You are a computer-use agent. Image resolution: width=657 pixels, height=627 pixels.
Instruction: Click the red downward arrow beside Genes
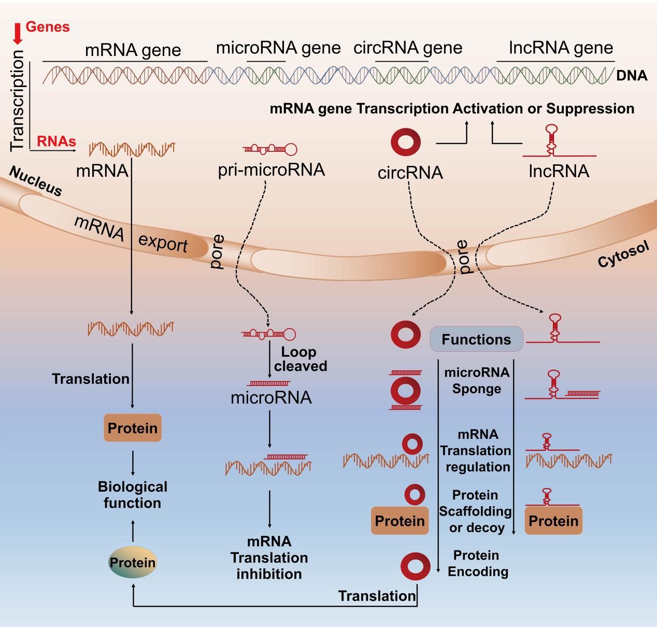tap(18, 34)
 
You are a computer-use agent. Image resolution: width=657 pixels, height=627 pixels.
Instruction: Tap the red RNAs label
tap(56, 141)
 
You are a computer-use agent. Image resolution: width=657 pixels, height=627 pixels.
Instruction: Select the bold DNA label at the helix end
tap(632, 76)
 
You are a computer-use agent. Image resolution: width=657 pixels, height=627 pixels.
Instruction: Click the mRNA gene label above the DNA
tap(133, 50)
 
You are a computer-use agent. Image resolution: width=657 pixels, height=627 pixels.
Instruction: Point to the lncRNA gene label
tap(561, 48)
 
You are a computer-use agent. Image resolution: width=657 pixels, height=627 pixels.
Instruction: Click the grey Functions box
tap(476, 339)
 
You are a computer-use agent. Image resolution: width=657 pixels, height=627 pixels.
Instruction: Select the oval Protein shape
tap(133, 563)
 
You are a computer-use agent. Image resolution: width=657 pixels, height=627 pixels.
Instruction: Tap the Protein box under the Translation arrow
tap(133, 428)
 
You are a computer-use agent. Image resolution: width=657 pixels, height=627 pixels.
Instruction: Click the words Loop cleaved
tap(301, 359)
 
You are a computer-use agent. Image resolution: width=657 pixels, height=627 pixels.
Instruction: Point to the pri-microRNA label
tap(272, 170)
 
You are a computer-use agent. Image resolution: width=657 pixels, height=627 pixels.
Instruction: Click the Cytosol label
tap(624, 254)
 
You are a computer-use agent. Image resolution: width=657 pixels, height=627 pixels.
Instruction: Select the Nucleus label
tap(36, 181)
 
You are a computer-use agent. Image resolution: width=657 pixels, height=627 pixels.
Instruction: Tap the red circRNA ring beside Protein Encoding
tap(416, 566)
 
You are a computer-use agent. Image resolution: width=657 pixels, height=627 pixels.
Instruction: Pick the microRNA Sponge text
tap(477, 380)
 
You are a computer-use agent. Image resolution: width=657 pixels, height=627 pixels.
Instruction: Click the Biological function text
tap(133, 495)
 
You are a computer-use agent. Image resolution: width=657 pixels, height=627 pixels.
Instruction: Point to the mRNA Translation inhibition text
tap(269, 558)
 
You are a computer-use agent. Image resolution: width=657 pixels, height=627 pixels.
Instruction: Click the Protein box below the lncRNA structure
tap(553, 521)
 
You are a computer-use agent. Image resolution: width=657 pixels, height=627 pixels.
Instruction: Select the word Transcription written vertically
tap(18, 101)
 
